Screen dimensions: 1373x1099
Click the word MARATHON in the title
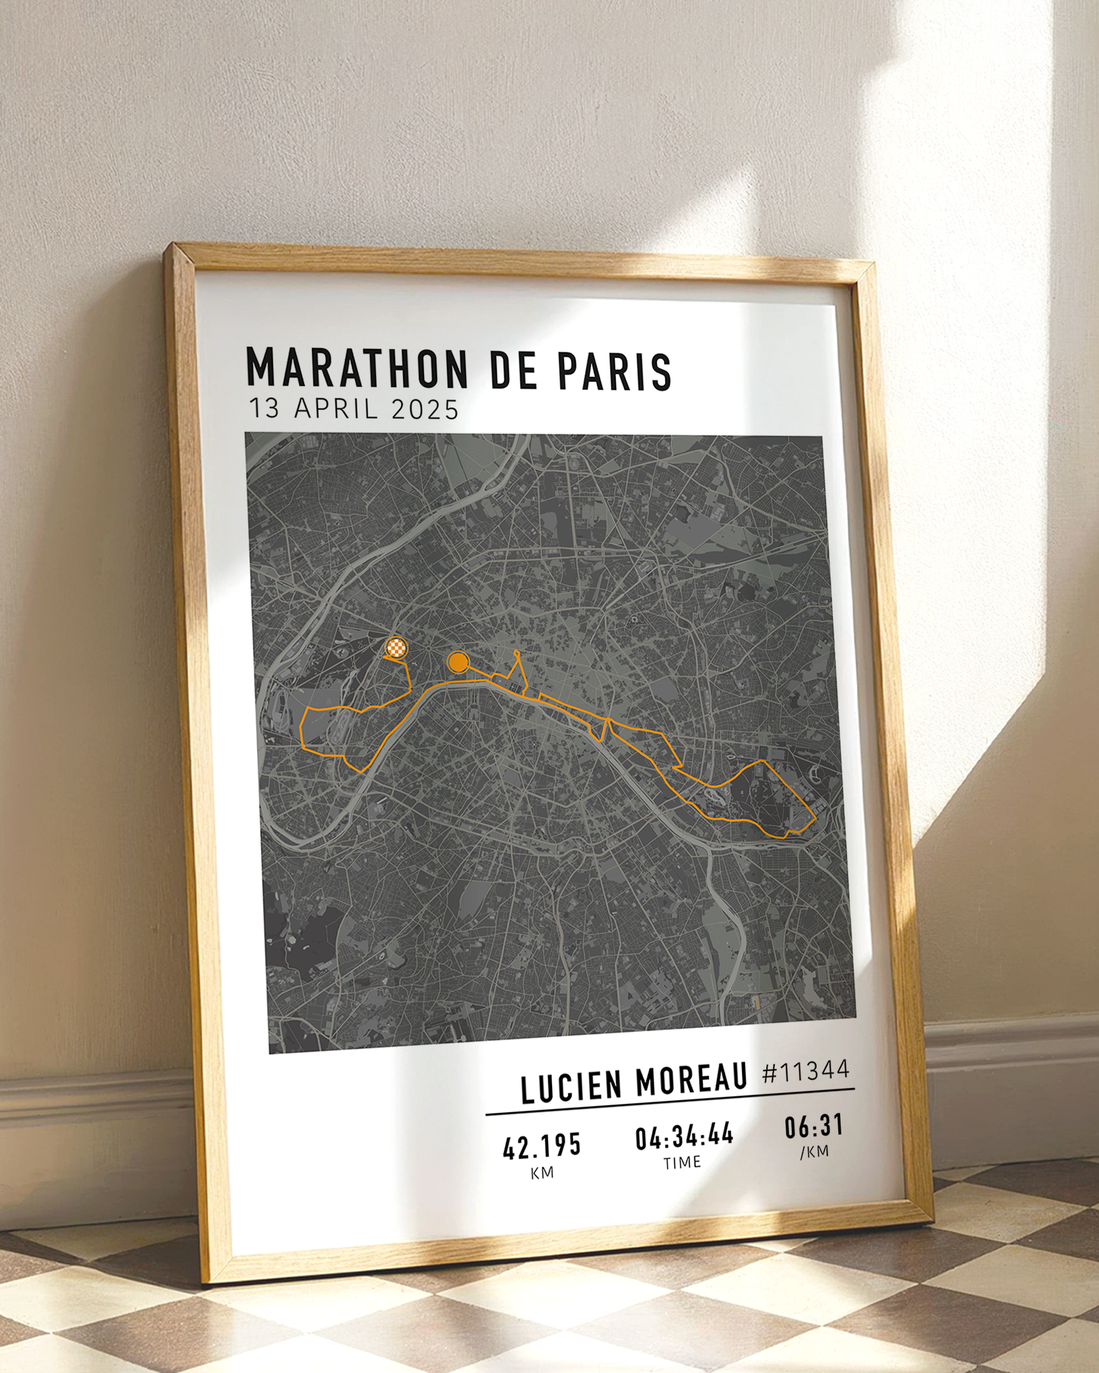point(357,367)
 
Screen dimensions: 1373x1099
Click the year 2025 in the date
point(425,409)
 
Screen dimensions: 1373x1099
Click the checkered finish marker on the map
point(396,648)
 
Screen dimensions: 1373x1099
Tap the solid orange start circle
point(457,662)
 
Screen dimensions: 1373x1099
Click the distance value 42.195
point(541,1146)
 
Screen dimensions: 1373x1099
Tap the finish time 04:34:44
point(684,1136)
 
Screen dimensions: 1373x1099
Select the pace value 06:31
point(813,1126)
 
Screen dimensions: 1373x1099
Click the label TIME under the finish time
point(682,1163)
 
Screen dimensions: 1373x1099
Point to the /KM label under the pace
point(813,1151)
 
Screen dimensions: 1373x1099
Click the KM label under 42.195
point(541,1173)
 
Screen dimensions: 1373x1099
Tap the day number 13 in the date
point(264,407)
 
